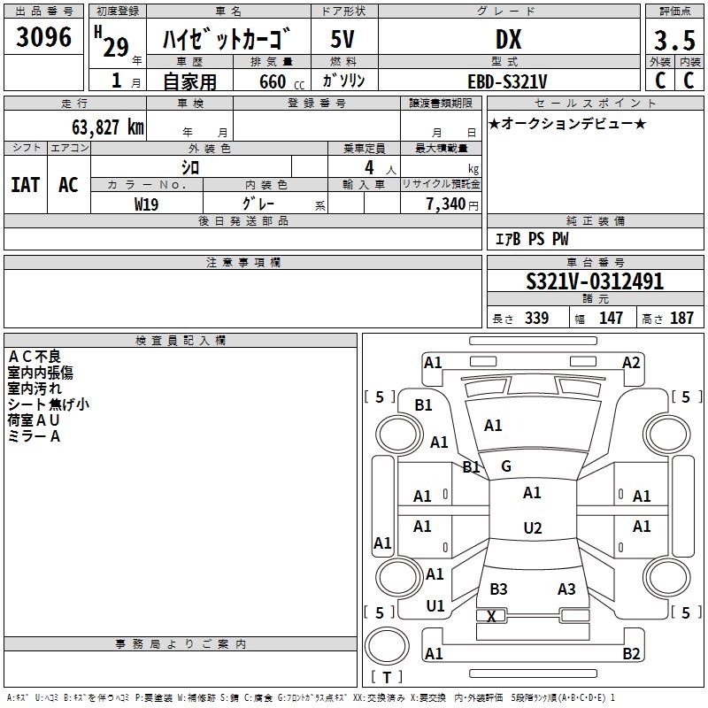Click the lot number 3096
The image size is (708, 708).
[44, 38]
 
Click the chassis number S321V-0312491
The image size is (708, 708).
[595, 282]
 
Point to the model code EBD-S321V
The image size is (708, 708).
[507, 81]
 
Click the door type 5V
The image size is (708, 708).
[343, 40]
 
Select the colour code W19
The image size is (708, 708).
[146, 204]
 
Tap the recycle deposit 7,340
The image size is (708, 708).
[446, 204]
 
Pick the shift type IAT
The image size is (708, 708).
[26, 184]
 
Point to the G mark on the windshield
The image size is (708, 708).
[506, 466]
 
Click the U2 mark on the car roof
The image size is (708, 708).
[532, 528]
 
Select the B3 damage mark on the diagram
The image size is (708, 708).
[498, 589]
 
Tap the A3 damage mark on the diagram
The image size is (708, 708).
[566, 589]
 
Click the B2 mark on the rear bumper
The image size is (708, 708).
[631, 654]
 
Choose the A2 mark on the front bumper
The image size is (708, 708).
[631, 362]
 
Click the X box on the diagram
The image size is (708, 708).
[492, 616]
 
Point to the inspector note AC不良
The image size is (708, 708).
[35, 357]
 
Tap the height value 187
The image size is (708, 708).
[682, 319]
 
